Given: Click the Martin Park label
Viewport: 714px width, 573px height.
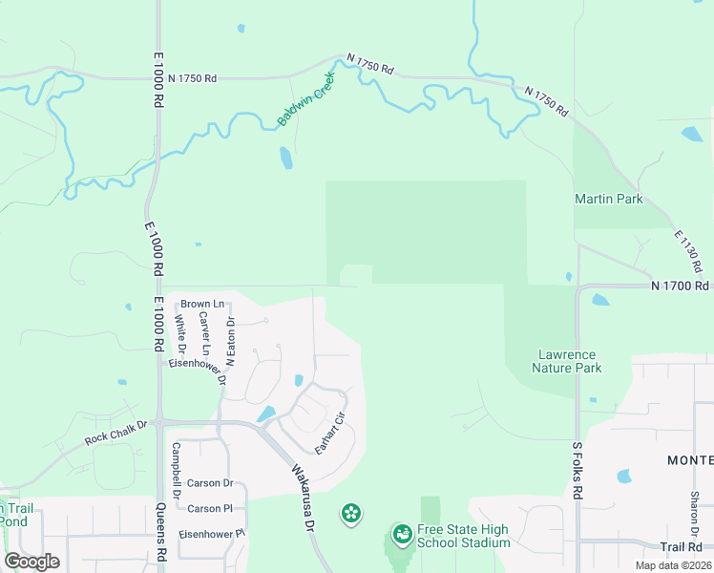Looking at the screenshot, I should coord(608,199).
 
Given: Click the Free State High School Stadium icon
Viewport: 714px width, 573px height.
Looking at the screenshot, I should coord(402,536).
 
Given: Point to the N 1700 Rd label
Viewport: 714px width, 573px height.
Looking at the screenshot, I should coord(681,286).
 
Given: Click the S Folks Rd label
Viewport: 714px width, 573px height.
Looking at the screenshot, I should coord(577,470).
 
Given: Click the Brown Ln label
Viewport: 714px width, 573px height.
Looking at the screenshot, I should coord(202,304).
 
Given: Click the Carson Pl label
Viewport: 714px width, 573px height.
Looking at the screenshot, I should coord(210,509).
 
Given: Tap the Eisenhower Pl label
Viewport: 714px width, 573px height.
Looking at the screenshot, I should coord(212,533).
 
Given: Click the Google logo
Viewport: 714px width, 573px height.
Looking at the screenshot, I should coord(31,562).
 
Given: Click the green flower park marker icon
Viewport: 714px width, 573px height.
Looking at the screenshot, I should coord(351,514).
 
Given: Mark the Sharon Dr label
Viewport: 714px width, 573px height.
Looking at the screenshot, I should coord(695,512).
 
